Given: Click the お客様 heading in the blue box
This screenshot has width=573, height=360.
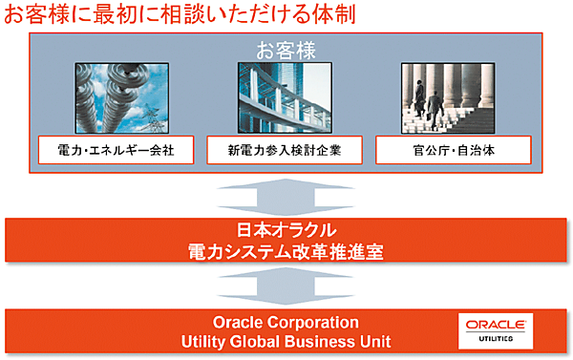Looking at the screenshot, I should (x=286, y=50).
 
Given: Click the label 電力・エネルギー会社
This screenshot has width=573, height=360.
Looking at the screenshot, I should (x=116, y=150).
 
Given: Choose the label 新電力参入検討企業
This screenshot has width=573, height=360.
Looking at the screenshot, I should (x=285, y=150).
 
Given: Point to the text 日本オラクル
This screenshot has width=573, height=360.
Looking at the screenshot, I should (x=286, y=230).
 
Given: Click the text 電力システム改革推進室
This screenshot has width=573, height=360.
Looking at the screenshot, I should (x=286, y=251).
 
